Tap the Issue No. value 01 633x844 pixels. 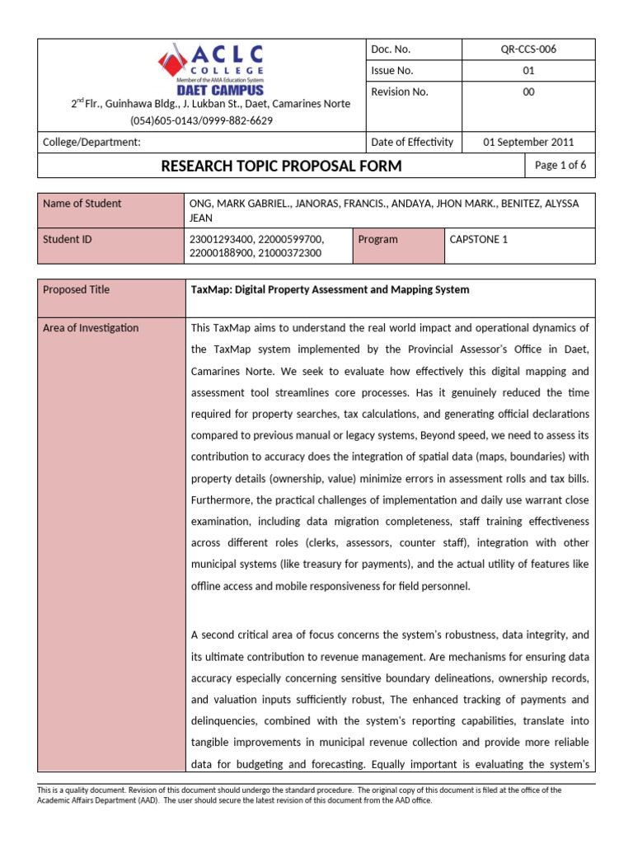click(x=528, y=71)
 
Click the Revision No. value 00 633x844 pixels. click(x=528, y=92)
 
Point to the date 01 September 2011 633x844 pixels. click(x=528, y=142)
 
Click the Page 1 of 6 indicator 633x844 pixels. click(x=560, y=165)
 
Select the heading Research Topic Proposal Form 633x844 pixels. click(x=281, y=166)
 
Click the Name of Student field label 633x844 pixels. click(x=82, y=204)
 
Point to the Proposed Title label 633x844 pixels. click(x=76, y=289)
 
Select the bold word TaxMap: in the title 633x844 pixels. click(x=212, y=289)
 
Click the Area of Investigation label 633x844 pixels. click(x=91, y=328)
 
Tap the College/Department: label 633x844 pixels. click(x=91, y=142)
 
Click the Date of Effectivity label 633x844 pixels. click(x=412, y=142)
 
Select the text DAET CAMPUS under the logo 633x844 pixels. click(x=210, y=89)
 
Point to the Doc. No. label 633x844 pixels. click(x=391, y=49)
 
